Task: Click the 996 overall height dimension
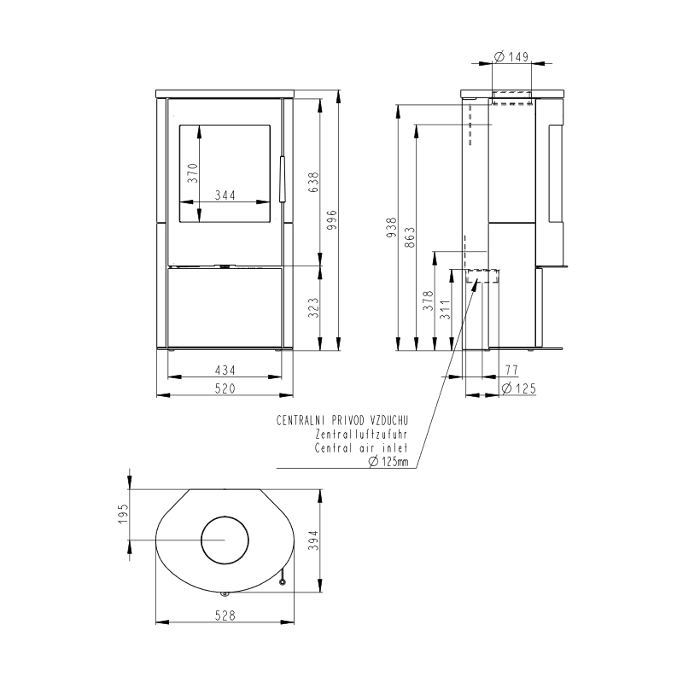coord(331,220)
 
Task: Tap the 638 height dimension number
coord(313,183)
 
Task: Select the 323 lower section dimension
coord(313,307)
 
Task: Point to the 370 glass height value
coord(193,173)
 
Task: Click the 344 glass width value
coord(225,196)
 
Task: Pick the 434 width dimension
coord(225,371)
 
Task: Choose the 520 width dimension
coord(225,388)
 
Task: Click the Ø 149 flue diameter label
coord(511,56)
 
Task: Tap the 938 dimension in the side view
coord(392,227)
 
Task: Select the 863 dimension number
coord(410,237)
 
